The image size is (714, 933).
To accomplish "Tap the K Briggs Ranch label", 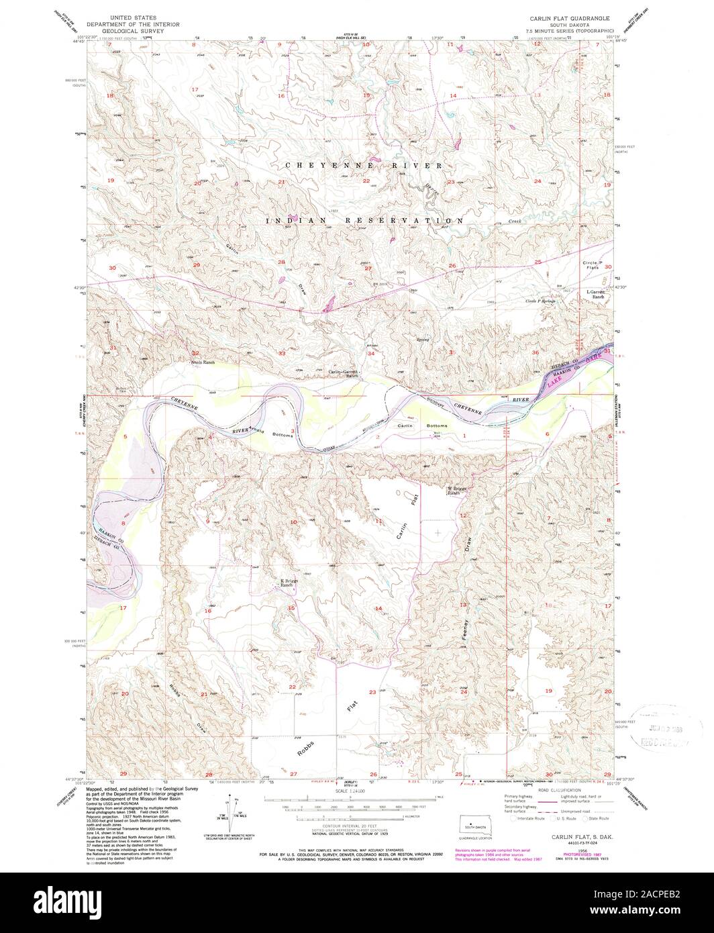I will pos(288,583).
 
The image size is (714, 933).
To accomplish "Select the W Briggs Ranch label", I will pos(457,489).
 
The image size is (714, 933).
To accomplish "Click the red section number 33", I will pos(282,353).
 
